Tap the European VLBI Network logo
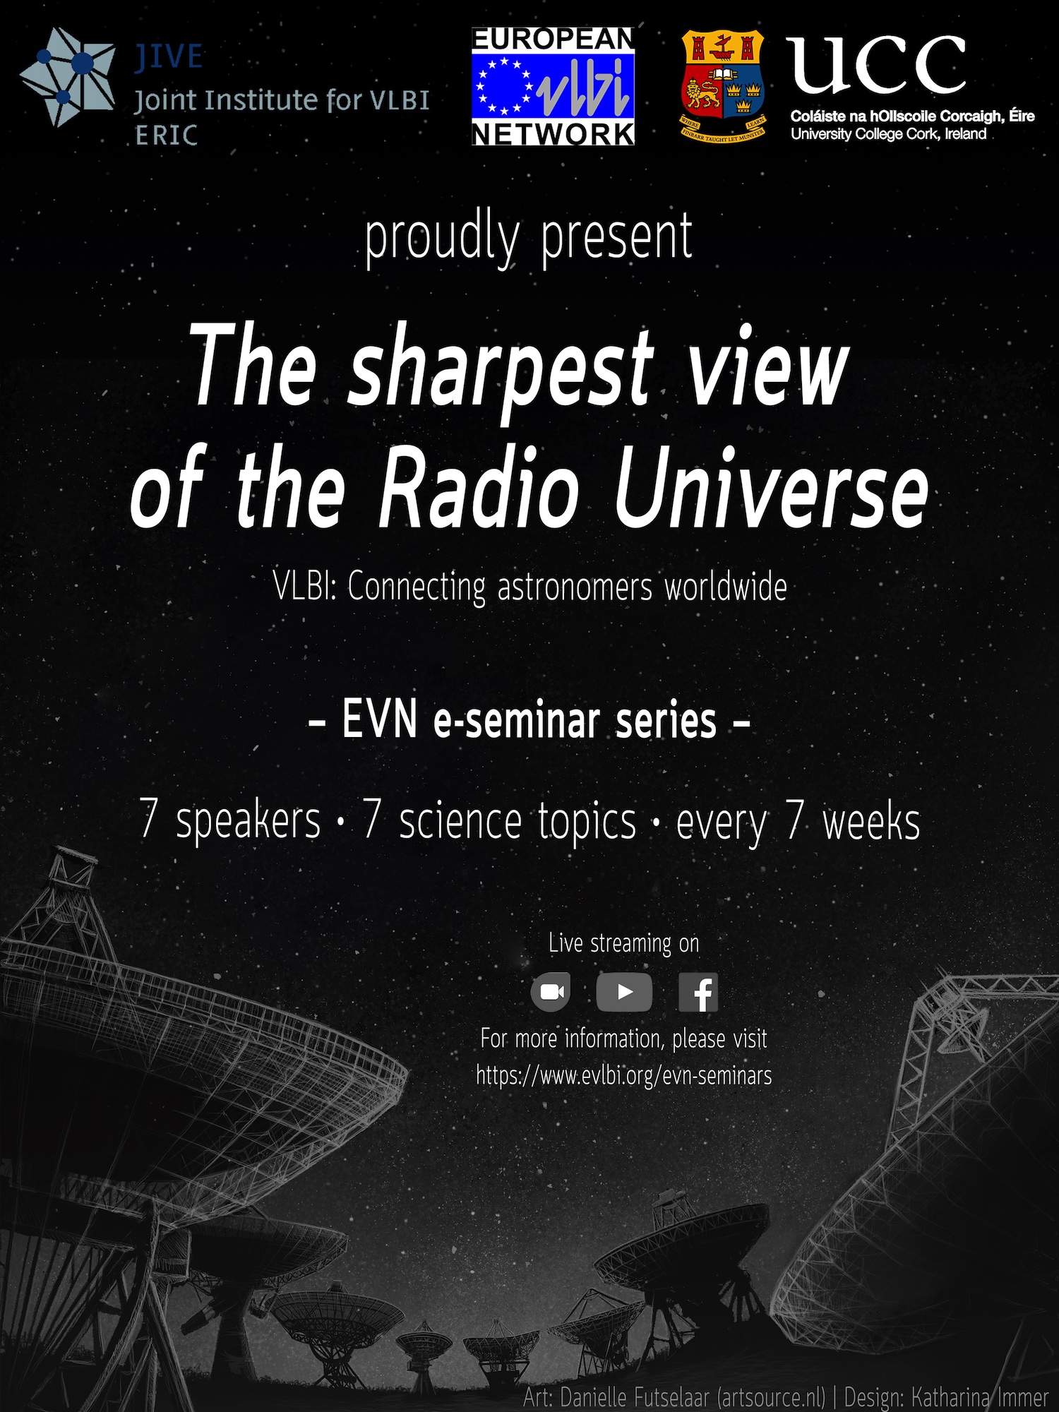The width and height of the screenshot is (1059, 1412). [553, 87]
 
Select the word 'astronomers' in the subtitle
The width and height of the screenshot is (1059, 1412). [575, 587]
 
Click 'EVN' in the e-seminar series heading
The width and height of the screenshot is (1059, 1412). [379, 721]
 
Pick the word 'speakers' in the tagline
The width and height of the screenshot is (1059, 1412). [248, 822]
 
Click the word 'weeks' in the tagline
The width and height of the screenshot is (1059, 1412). [871, 822]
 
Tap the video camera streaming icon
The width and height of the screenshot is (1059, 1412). [551, 992]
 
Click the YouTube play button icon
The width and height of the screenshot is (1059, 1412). [624, 992]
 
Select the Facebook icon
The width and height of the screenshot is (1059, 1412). [698, 992]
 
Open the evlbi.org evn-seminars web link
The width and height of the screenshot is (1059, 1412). [624, 1076]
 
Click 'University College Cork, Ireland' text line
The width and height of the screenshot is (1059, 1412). [888, 134]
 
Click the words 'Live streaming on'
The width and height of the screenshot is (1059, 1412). [624, 943]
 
